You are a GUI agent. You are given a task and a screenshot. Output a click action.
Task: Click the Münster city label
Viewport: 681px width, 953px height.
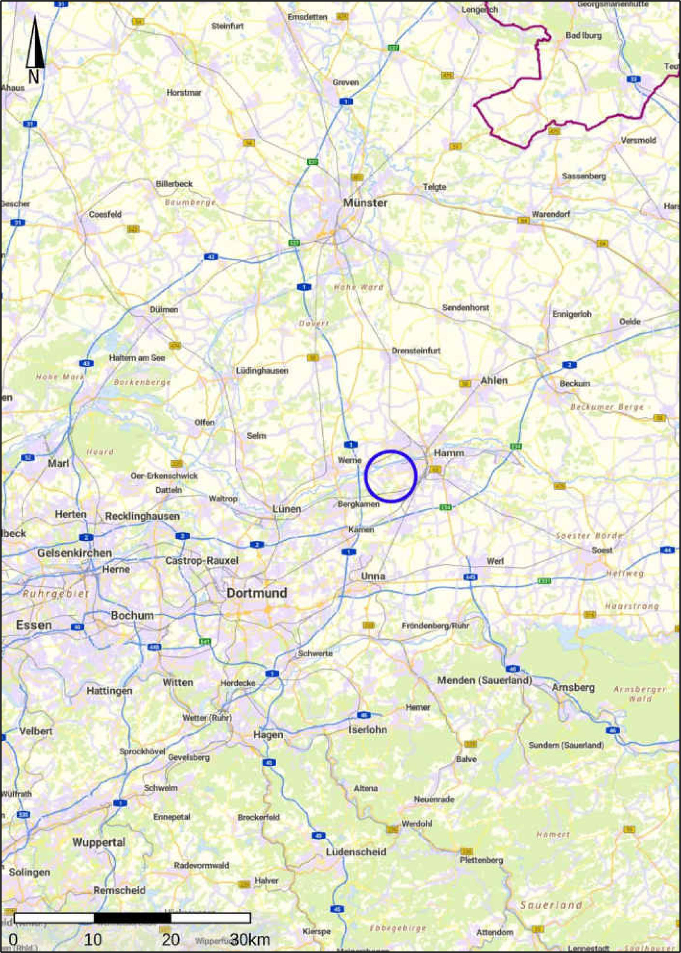(365, 203)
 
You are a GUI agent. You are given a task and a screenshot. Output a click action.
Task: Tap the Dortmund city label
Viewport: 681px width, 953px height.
(257, 593)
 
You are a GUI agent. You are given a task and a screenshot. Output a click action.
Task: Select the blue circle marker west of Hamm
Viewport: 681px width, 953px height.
(390, 476)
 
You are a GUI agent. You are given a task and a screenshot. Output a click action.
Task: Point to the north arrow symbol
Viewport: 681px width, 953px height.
(35, 50)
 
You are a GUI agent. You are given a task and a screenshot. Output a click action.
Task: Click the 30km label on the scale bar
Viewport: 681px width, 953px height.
(250, 940)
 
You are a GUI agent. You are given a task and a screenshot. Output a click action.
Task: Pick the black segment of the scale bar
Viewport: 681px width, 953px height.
(132, 918)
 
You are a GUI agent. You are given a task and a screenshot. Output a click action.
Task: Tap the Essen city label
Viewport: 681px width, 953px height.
(33, 625)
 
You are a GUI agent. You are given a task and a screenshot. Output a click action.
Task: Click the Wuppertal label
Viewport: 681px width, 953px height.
(99, 842)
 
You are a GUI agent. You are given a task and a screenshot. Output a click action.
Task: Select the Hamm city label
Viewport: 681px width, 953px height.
(449, 453)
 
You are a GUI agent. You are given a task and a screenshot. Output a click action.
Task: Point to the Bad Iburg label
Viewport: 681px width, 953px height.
(583, 36)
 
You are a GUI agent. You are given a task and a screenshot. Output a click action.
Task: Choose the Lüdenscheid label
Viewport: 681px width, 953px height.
(356, 852)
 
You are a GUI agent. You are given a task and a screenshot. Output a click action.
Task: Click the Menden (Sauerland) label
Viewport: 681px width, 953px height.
(484, 680)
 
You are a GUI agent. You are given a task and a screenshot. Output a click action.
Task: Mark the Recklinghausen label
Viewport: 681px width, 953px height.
(142, 516)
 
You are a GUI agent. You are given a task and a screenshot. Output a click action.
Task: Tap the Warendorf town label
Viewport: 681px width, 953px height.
(550, 214)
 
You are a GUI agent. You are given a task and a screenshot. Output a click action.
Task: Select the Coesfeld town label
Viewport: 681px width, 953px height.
(105, 215)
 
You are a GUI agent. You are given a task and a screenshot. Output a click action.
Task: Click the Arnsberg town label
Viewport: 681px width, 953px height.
(573, 687)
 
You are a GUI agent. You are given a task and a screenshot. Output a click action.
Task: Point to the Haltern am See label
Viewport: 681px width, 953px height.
(137, 358)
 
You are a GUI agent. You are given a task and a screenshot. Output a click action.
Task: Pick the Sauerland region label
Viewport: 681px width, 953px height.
(550, 905)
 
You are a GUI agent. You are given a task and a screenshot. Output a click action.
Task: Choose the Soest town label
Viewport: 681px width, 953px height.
(602, 550)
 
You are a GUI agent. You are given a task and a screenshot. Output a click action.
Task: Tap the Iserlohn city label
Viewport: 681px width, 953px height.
(367, 730)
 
